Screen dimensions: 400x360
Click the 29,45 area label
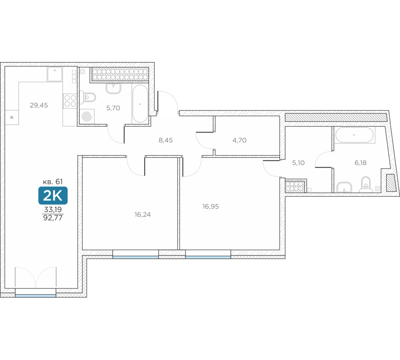[x=39, y=105]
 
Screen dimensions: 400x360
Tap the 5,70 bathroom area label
[x=113, y=108]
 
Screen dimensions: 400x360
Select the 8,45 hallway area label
[x=166, y=140]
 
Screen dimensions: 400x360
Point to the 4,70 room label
[x=239, y=140]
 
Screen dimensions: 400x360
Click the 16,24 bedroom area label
[x=143, y=214]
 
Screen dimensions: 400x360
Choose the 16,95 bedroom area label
[x=210, y=206]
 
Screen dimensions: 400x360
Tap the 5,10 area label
[x=298, y=163]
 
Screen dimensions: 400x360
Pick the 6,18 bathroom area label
[x=360, y=163]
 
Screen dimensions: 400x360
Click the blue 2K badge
[x=53, y=196]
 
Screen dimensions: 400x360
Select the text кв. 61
[x=53, y=182]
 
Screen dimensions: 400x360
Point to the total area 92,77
[x=53, y=218]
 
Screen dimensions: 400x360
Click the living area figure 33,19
[x=53, y=210]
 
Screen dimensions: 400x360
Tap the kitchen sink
[x=54, y=74]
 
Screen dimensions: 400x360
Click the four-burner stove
[x=70, y=101]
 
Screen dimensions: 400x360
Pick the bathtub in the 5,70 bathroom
[x=140, y=104]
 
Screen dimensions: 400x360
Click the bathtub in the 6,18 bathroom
[x=354, y=135]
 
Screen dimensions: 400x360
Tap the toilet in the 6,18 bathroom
[x=366, y=185]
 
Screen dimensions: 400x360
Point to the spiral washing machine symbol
[x=87, y=116]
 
